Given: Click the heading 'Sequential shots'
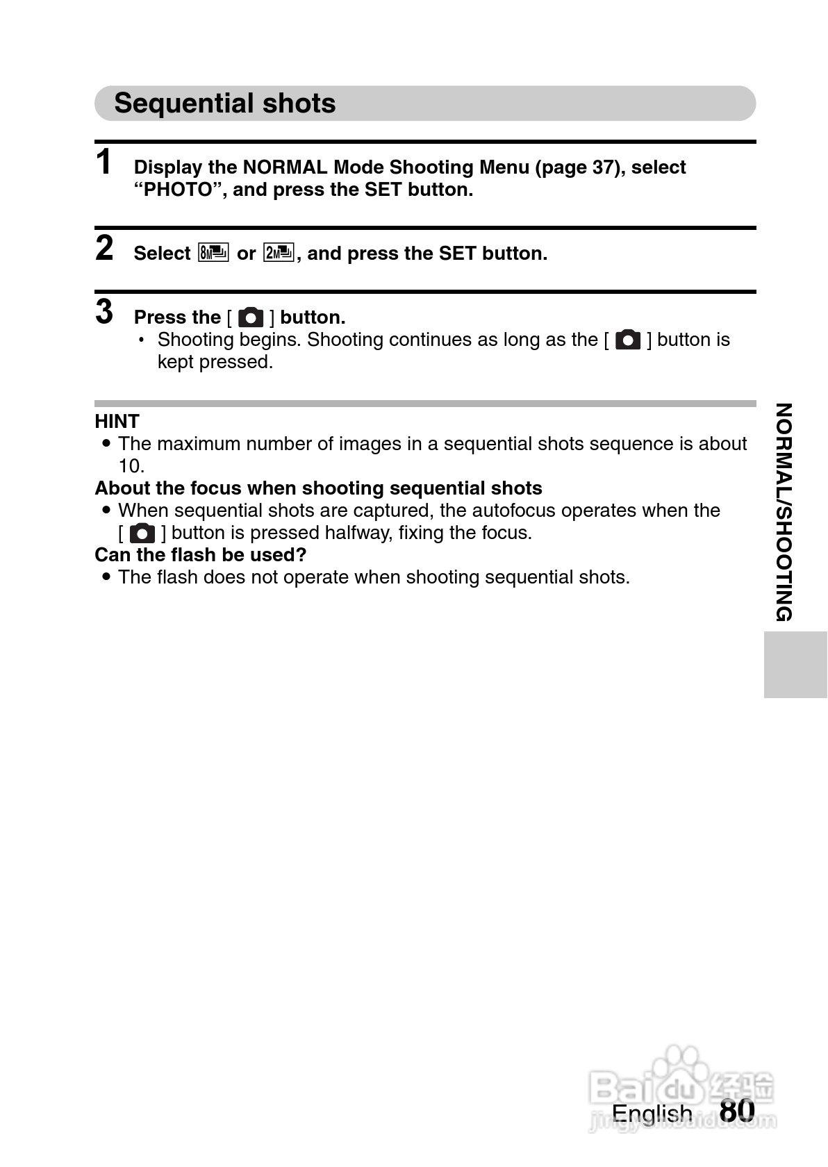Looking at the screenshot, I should (225, 104).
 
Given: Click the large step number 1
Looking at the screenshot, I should (104, 163).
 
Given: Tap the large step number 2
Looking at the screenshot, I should (104, 248).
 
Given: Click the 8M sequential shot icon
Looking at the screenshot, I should (213, 253).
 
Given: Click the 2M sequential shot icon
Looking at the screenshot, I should (279, 253).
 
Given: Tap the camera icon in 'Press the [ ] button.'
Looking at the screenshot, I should (251, 317).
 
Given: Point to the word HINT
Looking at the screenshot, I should (117, 421).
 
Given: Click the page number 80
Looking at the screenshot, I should (737, 1110).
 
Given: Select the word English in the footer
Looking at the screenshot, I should (652, 1113).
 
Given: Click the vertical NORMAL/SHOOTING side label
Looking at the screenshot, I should (784, 512).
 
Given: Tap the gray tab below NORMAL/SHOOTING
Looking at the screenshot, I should (795, 664).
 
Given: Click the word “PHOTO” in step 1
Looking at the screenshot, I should (178, 190).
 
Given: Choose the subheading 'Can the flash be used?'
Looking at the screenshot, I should (200, 554).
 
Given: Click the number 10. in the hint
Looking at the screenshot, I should (131, 465).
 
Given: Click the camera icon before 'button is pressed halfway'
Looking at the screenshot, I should (142, 533).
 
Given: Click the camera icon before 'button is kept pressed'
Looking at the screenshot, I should (628, 340).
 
